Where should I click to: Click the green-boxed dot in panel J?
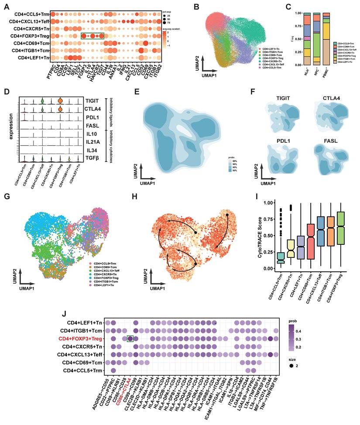click(x=130, y=339)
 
